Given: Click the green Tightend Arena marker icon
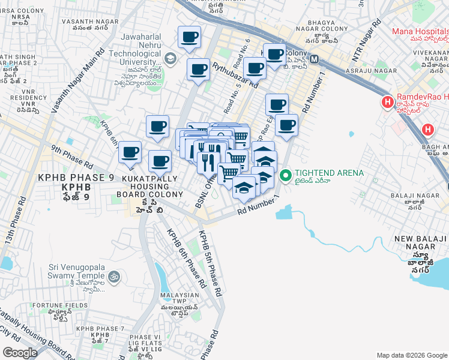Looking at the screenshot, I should pos(286,175).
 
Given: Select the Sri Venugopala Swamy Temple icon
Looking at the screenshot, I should pos(115,277).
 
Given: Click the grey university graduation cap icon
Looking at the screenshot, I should pos(171,58).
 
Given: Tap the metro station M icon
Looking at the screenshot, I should pos(315,60).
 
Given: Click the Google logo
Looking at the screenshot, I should pos(20,352).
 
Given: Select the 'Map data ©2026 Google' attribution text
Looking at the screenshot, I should pos(411,355).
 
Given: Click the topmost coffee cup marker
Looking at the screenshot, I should pos(189,37).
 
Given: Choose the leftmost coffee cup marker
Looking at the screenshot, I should pos(130,152).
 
